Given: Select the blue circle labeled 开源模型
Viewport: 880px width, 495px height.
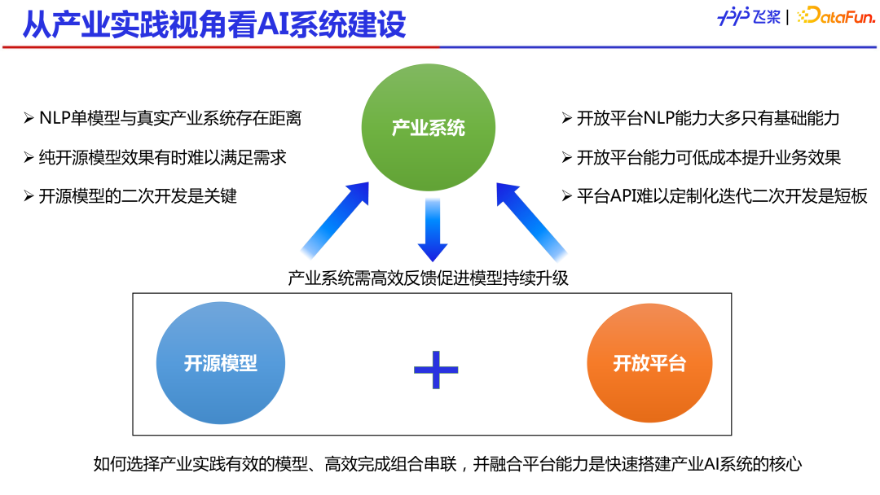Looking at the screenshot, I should point(220,363).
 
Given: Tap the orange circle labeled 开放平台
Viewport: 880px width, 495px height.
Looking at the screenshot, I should point(649,363).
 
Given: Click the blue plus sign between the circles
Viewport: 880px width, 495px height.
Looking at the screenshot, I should point(436,370).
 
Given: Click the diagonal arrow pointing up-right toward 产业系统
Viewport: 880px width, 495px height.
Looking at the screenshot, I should point(335,219).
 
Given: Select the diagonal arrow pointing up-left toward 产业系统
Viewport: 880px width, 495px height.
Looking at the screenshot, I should point(530,219).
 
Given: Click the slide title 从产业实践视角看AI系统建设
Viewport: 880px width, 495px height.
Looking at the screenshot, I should point(213,24).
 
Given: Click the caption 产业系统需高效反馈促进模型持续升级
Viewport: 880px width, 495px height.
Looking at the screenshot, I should point(428,278).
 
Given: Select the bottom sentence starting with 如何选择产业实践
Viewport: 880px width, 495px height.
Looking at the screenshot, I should point(447,465).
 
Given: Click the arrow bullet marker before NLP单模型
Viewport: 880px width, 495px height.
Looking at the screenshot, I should point(29,118).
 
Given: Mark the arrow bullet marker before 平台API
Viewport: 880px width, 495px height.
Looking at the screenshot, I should point(566,196).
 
